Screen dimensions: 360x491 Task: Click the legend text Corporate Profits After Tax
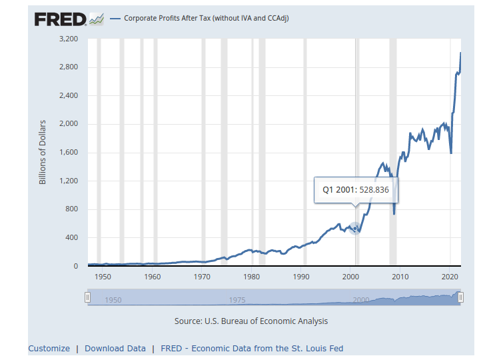pyautogui.click(x=206, y=18)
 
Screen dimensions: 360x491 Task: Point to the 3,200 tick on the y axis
pyautogui.click(x=69, y=39)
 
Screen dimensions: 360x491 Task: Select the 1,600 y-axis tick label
pyautogui.click(x=69, y=153)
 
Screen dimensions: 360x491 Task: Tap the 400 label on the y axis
pyautogui.click(x=73, y=238)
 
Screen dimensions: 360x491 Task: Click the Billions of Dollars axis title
pyautogui.click(x=43, y=153)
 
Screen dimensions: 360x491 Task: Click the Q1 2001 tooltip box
pyautogui.click(x=355, y=189)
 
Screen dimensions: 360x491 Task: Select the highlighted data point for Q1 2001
pyautogui.click(x=355, y=229)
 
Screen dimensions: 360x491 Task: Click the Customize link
pyautogui.click(x=49, y=348)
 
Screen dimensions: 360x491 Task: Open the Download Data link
pyautogui.click(x=115, y=348)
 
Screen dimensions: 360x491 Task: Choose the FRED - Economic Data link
pyautogui.click(x=252, y=348)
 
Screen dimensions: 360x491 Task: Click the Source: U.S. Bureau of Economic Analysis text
pyautogui.click(x=251, y=321)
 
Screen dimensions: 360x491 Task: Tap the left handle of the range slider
pyautogui.click(x=87, y=298)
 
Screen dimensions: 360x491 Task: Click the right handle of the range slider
pyautogui.click(x=460, y=298)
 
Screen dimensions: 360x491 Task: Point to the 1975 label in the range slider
pyautogui.click(x=237, y=300)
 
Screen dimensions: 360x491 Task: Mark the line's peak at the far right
pyautogui.click(x=460, y=53)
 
